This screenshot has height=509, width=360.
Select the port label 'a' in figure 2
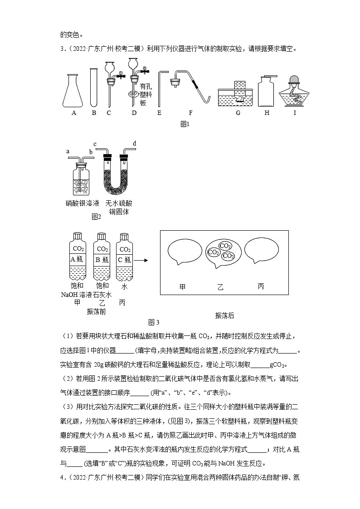tap(68, 151)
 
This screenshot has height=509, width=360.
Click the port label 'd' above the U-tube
tap(134, 144)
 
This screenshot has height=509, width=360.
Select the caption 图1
tap(184, 124)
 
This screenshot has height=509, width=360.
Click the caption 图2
tap(96, 217)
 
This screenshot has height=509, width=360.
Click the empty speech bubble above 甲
tap(184, 252)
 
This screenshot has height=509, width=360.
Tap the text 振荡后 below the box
tap(224, 316)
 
